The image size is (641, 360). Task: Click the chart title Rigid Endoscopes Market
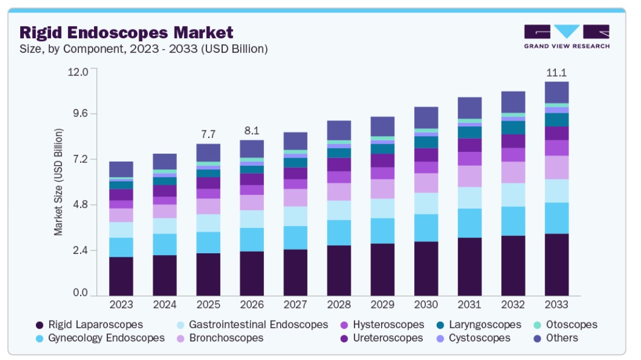126,32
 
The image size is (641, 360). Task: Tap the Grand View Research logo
567,37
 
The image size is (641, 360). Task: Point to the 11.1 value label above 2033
556,72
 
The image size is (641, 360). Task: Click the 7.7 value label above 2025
208,134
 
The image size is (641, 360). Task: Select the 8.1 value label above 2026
252,131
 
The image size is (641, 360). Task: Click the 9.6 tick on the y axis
81,113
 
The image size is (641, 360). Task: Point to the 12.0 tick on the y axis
78,72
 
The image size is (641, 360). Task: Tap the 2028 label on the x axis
339,304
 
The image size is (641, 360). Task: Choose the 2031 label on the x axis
469,304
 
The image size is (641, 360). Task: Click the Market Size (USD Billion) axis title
59,182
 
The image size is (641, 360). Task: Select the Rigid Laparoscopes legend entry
89,325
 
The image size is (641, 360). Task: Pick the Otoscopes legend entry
566,325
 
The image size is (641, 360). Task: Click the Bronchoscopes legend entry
220,338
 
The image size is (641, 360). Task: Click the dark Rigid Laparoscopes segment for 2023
121,276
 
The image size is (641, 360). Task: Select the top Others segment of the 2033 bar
556,92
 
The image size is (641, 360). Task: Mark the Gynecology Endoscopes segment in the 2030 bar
426,228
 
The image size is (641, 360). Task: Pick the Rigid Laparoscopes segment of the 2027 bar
295,272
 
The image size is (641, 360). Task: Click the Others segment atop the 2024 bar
165,162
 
